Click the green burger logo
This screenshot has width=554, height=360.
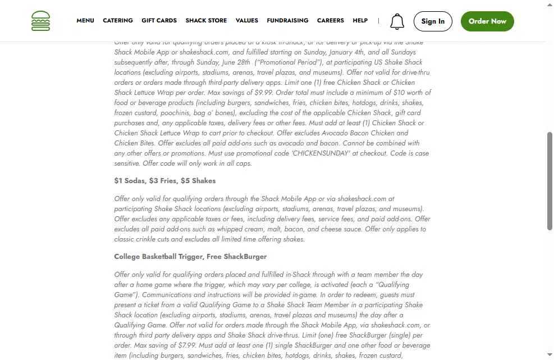click(40, 21)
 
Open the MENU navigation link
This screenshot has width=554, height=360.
click(85, 21)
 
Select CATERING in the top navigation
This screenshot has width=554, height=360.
click(118, 21)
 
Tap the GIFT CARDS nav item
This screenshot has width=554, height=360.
click(159, 21)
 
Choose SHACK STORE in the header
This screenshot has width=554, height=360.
click(206, 21)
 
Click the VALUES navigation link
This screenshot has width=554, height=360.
click(247, 21)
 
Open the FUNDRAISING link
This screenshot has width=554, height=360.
click(287, 21)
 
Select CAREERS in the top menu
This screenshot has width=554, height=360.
click(330, 21)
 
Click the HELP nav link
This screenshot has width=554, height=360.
click(360, 21)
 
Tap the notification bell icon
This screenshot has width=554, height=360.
click(397, 21)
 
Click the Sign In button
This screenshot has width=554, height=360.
click(433, 21)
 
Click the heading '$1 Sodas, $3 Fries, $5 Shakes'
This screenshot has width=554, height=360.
click(164, 181)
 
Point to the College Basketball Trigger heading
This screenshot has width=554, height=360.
click(190, 257)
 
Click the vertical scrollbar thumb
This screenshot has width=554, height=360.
click(550, 181)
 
